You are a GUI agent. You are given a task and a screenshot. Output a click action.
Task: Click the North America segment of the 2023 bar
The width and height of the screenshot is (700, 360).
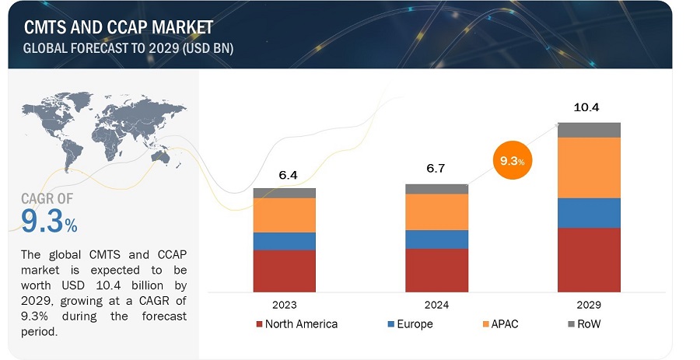(285, 271)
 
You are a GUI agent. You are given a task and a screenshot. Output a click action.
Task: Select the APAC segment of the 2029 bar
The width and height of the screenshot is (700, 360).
(589, 167)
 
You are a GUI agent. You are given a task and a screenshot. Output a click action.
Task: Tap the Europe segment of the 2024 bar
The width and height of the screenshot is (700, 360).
(436, 239)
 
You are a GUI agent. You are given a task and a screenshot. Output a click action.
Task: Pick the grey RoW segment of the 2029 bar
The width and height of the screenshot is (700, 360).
(589, 130)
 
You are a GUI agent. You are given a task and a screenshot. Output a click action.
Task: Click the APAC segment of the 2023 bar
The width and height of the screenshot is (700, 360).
(285, 215)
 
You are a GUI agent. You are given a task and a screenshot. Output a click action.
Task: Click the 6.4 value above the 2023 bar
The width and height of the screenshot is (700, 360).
(288, 175)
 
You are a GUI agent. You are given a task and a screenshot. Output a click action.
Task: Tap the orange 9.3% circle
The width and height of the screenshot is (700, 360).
(511, 162)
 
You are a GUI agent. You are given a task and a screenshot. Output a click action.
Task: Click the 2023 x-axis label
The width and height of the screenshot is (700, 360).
(285, 305)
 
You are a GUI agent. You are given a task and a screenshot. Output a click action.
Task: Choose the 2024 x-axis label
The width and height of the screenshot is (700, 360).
(436, 305)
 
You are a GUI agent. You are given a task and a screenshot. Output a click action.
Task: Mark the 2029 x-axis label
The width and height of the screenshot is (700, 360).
(589, 305)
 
